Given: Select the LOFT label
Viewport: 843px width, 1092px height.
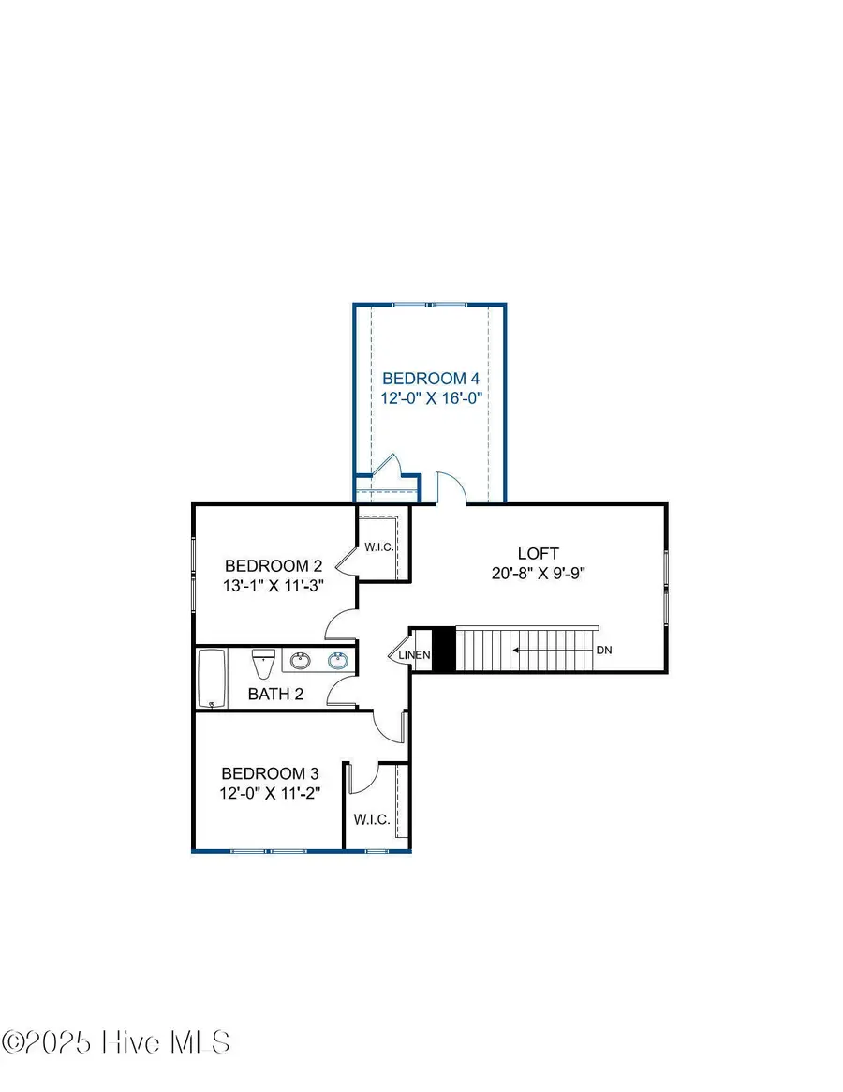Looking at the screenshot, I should click(538, 553).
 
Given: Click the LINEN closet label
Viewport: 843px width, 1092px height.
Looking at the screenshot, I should click(415, 655).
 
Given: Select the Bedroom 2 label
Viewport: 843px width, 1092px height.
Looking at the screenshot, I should click(274, 566).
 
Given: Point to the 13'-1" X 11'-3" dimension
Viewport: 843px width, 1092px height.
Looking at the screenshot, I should click(274, 586).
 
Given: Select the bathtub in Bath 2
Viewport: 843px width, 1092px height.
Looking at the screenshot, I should click(211, 680).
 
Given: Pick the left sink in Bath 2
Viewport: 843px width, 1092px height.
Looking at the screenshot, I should click(301, 662).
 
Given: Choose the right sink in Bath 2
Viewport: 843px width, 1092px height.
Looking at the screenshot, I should click(338, 662).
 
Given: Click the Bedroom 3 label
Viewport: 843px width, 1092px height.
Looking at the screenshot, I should click(270, 774).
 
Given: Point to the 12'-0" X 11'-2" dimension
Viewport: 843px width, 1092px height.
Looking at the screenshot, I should click(270, 794).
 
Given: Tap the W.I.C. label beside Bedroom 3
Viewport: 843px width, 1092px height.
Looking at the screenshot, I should click(371, 819).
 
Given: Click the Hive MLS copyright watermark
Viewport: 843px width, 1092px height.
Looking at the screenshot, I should click(116, 1042).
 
